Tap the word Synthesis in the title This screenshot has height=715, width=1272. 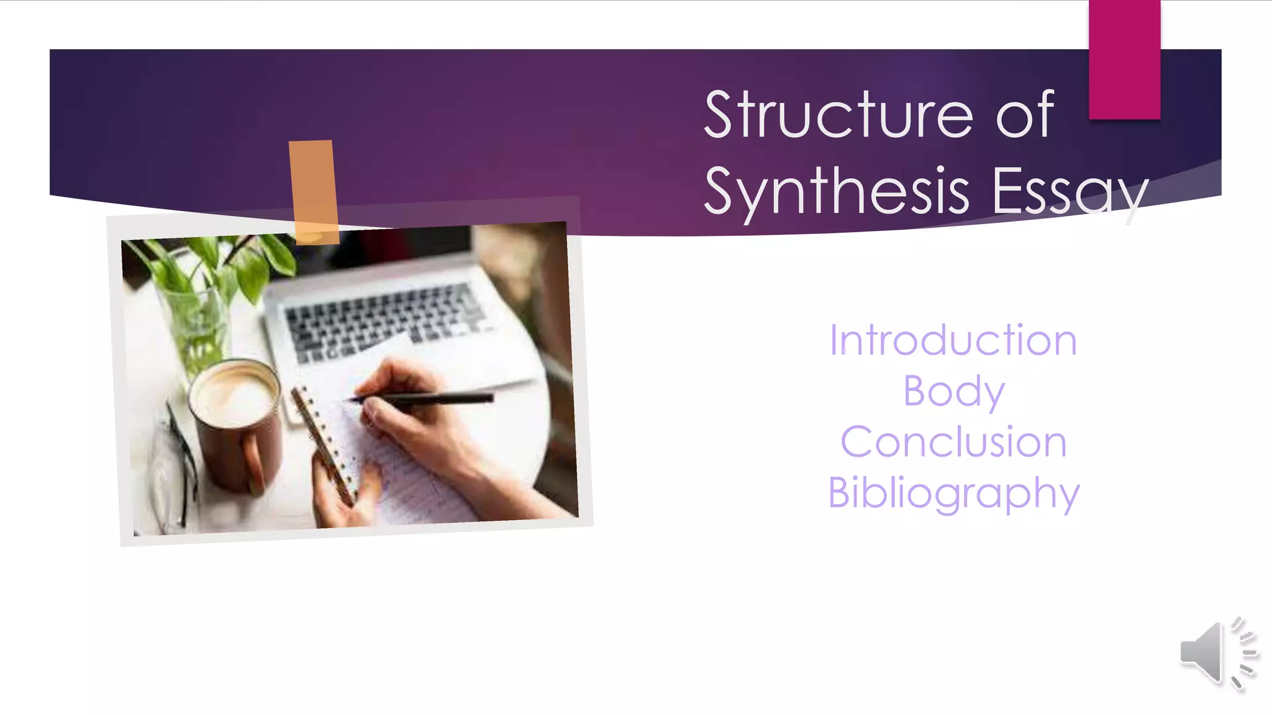pyautogui.click(x=836, y=191)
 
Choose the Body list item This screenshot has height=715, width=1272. pyautogui.click(x=953, y=391)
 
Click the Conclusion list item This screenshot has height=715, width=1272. pyautogui.click(x=953, y=442)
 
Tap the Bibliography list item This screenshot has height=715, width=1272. pyautogui.click(x=953, y=493)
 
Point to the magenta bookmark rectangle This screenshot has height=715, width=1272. pyautogui.click(x=1124, y=60)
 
